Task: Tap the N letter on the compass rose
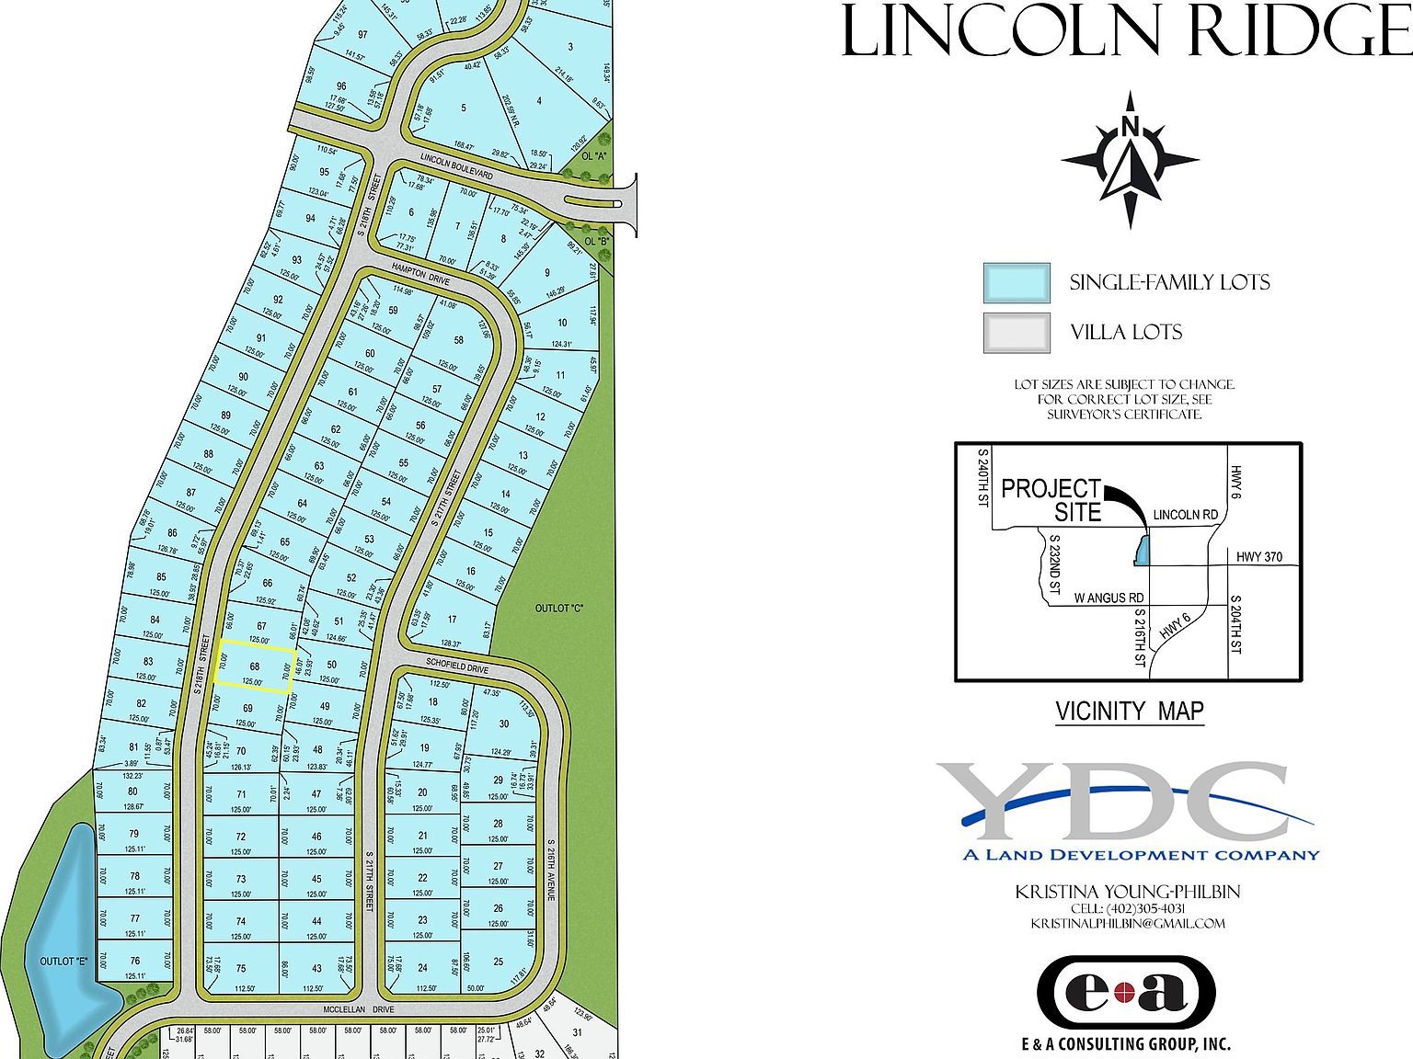coord(1131,127)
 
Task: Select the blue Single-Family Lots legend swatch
coord(1017,282)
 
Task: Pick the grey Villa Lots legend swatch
coord(1017,332)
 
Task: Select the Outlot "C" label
coord(559,608)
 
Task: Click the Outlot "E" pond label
coord(63,962)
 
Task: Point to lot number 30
coord(504,723)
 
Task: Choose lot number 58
coord(459,341)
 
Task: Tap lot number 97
coord(362,34)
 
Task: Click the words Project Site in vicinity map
coord(1051,499)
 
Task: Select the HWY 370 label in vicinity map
coord(1259,557)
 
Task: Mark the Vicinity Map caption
coord(1129,711)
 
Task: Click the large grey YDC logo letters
coord(1113,802)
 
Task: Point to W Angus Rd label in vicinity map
coord(1109,598)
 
